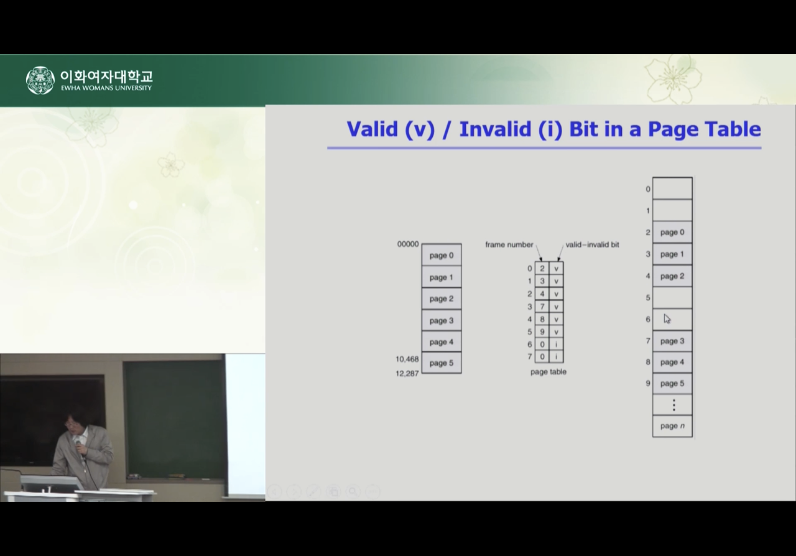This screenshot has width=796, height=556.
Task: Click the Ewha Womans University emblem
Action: pos(40,80)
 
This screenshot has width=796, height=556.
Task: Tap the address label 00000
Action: pos(408,244)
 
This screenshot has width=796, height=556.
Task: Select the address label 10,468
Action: pos(407,359)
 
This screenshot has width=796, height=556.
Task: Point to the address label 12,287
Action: pos(407,374)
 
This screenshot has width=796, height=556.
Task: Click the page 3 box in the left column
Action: pos(441,320)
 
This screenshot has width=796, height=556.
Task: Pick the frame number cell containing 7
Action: pos(542,306)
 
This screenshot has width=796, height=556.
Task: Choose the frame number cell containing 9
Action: pos(542,332)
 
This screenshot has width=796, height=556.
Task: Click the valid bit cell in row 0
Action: pos(556,268)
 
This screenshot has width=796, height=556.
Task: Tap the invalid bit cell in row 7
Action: pos(556,357)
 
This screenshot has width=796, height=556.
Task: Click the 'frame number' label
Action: pos(509,245)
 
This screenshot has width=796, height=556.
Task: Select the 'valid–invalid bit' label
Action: pos(592,245)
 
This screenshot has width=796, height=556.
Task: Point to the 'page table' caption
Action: pos(548,372)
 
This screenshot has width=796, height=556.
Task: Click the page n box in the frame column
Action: pos(672,426)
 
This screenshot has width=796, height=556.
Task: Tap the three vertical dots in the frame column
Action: pos(674,405)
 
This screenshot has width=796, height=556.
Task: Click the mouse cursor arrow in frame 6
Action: pos(667,319)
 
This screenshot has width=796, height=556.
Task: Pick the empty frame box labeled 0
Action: pos(672,188)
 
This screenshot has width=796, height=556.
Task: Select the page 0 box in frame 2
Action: pos(672,232)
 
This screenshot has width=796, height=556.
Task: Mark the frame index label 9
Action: pos(648,383)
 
